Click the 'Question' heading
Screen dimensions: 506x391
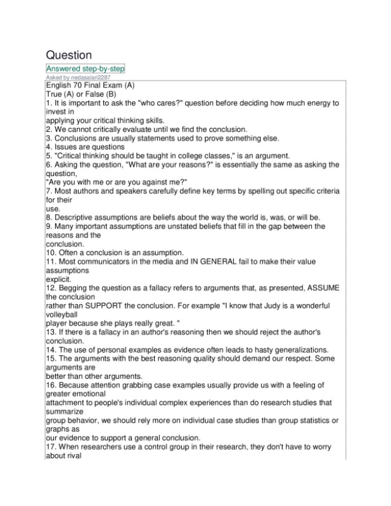[68, 55]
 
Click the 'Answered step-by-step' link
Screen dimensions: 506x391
[86, 68]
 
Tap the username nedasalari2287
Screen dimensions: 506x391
[98, 77]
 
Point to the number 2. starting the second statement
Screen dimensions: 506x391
[49, 129]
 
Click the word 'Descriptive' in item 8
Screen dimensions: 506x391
[78, 217]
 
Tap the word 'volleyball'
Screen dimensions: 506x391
[63, 314]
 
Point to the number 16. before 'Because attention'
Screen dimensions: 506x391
[52, 385]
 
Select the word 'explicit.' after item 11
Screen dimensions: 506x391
[59, 279]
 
